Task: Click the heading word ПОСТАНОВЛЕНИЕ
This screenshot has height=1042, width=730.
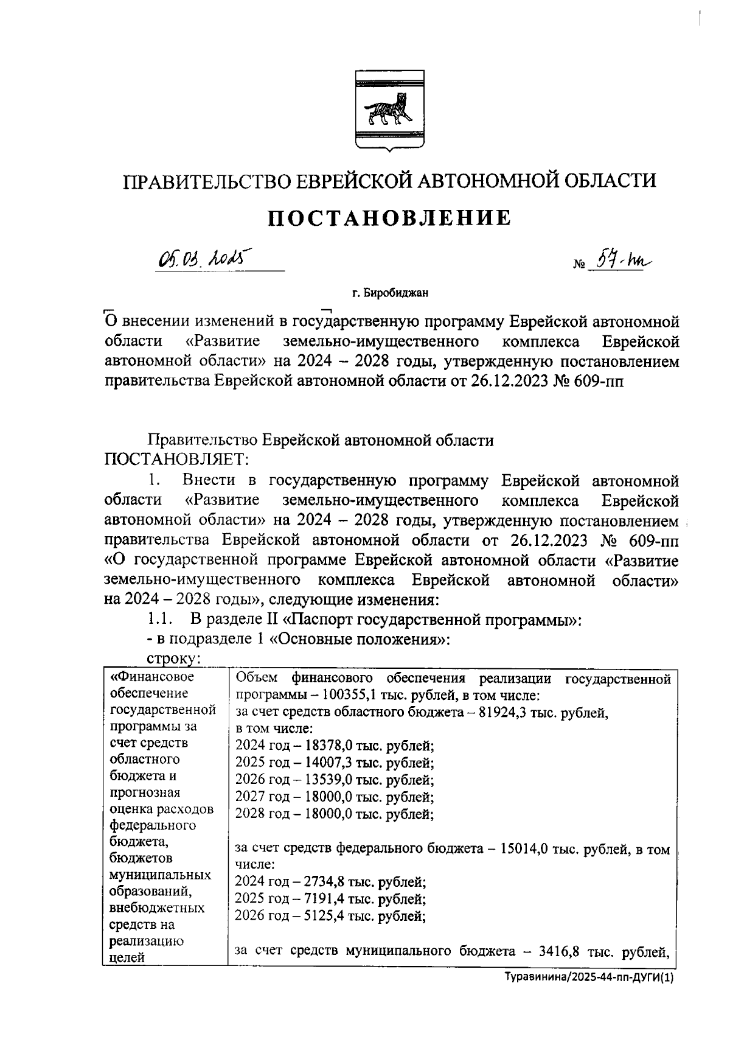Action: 390,217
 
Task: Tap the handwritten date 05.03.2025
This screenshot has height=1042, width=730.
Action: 200,260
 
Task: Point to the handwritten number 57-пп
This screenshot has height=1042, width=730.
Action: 627,260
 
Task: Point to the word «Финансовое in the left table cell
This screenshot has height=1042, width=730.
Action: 152,677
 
